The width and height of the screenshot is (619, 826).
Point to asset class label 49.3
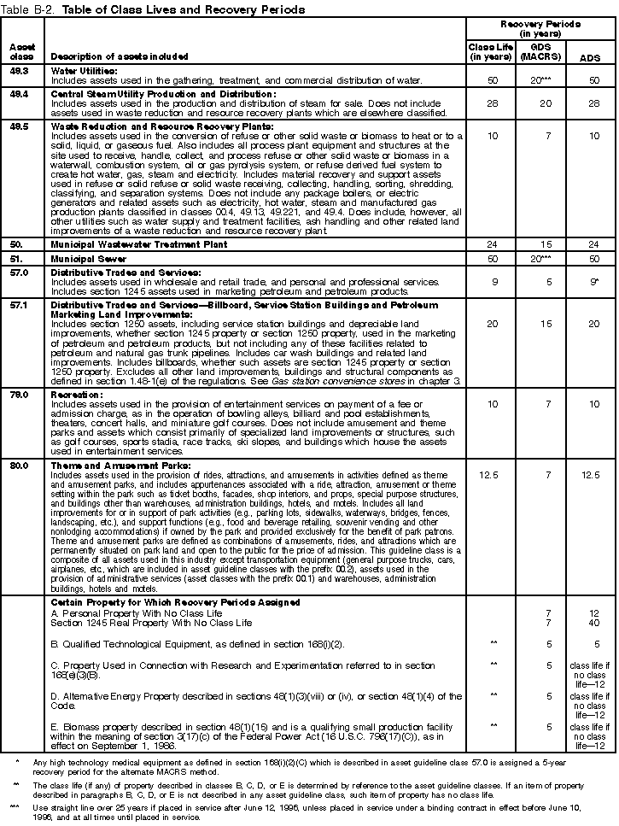pyautogui.click(x=20, y=70)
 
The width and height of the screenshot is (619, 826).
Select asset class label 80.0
pyautogui.click(x=20, y=466)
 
